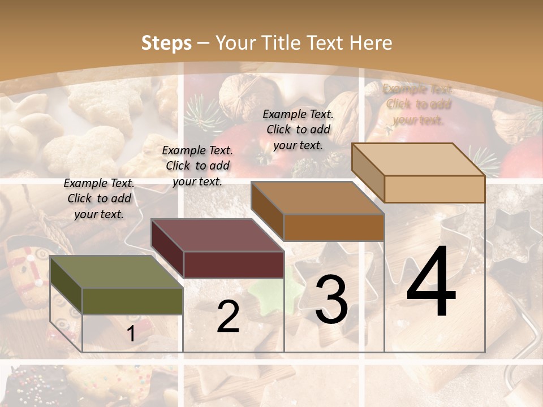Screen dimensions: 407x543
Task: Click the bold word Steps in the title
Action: point(166,43)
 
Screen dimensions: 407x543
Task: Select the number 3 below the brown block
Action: point(331,300)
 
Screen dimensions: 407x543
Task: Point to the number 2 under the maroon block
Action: point(228,317)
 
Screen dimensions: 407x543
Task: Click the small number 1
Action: point(131,334)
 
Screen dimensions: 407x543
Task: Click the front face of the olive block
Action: point(132,301)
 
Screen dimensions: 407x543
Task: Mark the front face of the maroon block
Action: point(233,265)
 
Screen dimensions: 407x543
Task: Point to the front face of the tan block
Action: point(434,189)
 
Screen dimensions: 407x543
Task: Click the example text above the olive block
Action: point(99,198)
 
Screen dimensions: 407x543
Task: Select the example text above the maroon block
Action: point(197,166)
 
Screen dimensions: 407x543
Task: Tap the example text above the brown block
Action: point(298,129)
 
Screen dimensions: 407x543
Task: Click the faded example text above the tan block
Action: point(418,104)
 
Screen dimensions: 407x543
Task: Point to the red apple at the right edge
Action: point(524,159)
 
